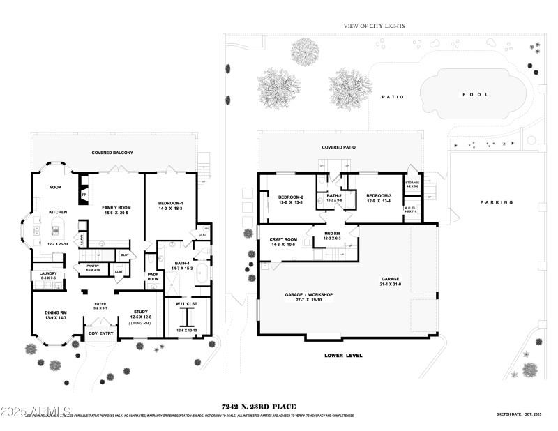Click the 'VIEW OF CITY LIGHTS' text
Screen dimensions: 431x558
374,26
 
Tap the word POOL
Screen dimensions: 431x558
476,94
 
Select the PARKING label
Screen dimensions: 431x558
497,202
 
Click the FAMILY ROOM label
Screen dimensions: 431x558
117,207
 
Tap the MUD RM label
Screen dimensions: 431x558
331,233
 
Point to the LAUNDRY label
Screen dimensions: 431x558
48,273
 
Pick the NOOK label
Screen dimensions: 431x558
55,187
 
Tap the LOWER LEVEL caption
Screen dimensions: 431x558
343,355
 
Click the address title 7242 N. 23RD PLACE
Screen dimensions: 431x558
258,406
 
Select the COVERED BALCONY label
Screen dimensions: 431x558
112,152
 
